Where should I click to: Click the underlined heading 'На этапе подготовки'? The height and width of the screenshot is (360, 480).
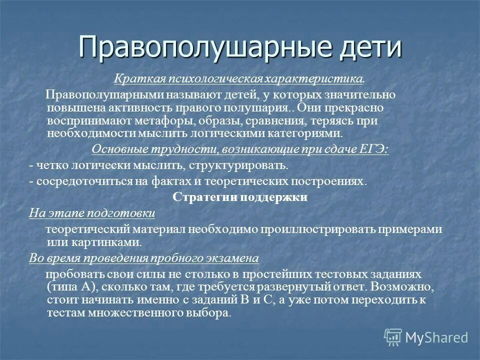coord(92,213)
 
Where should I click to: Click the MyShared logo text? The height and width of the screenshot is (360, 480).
coord(436,337)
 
